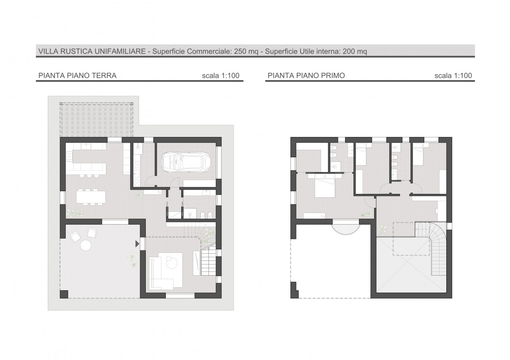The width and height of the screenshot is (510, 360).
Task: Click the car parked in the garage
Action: tap(186, 162)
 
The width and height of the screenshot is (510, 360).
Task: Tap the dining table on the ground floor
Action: tap(91, 197)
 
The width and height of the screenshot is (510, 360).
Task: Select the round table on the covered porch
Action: tap(86, 245)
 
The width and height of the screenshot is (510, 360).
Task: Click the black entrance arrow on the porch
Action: tap(137, 244)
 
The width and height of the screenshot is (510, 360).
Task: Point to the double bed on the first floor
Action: tap(325, 186)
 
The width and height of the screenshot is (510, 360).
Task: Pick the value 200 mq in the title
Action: tap(355, 51)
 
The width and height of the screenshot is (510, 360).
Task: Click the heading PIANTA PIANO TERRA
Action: tap(77, 76)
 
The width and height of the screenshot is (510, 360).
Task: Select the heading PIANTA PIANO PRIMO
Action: tap(306, 76)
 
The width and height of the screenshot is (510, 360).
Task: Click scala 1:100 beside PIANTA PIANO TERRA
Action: tap(221, 76)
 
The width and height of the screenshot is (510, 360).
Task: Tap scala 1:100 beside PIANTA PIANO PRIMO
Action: tap(453, 76)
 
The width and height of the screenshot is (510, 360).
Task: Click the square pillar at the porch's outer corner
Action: tap(64, 294)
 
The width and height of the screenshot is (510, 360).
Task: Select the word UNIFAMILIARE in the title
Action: tap(120, 51)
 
